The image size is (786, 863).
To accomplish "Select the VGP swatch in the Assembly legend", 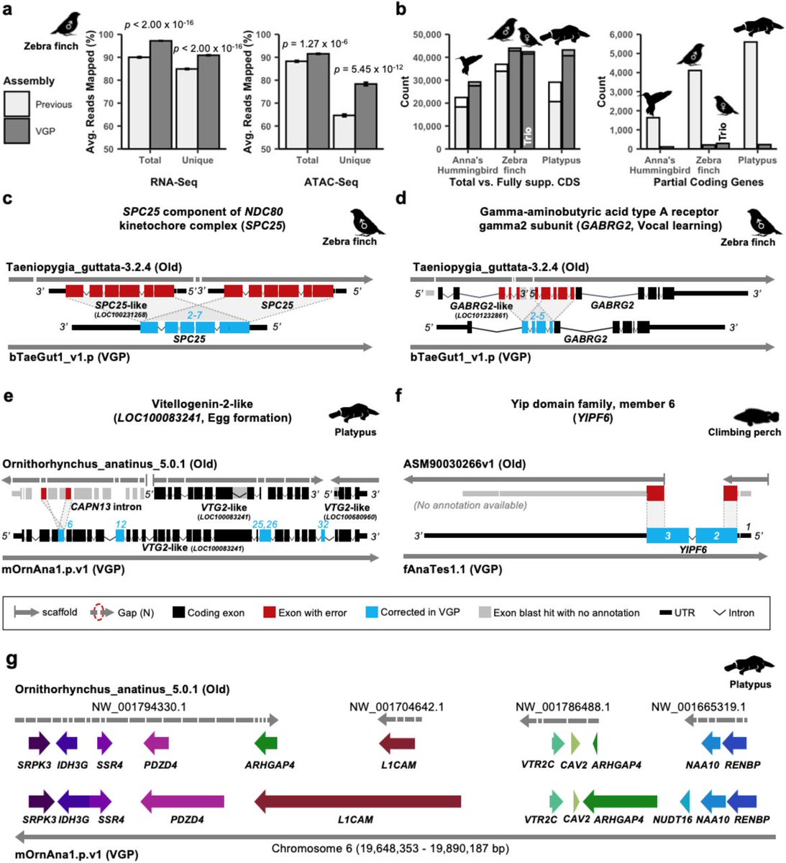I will (18, 131).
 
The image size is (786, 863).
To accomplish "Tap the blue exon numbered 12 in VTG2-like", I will (119, 536).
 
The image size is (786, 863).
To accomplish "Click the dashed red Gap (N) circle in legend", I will (99, 613).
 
